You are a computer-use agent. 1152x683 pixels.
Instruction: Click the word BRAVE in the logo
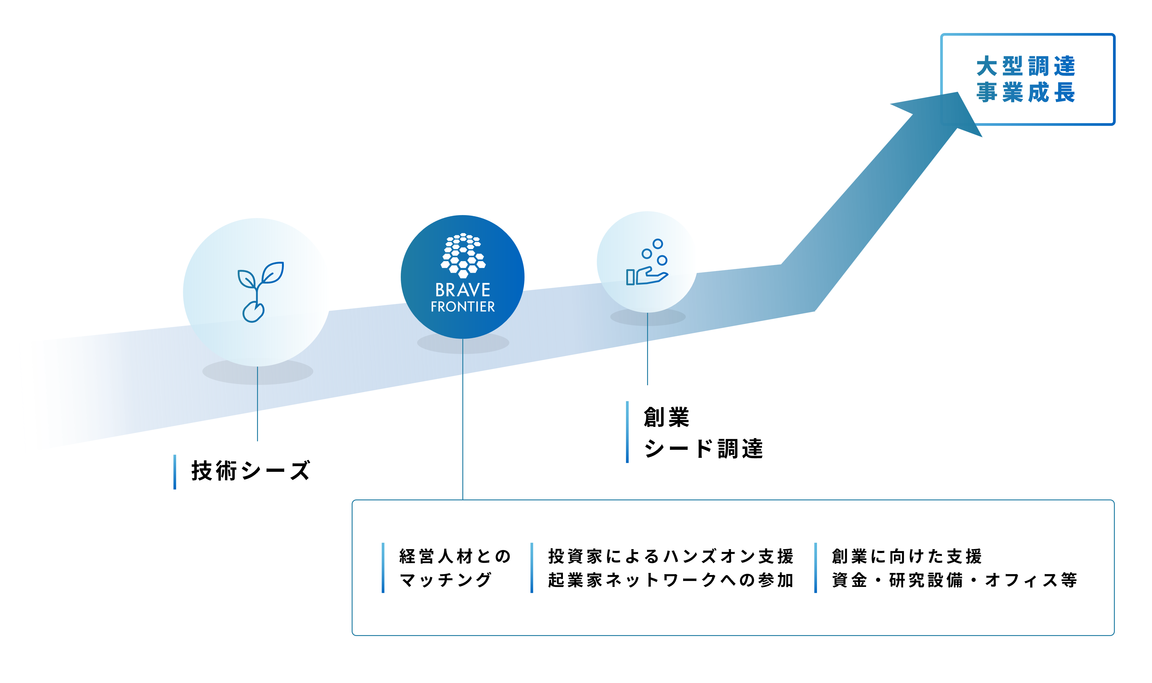463,290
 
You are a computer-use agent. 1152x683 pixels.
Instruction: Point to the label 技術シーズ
251,471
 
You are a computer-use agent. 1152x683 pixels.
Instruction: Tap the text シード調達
703,449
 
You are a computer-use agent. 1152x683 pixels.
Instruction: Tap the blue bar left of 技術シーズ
175,472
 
